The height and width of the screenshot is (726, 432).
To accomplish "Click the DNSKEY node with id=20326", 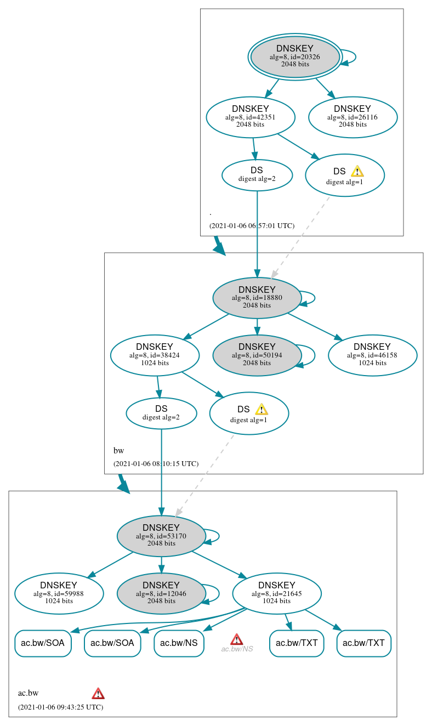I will point(295,56).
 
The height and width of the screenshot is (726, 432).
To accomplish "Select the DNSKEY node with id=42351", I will point(251,117).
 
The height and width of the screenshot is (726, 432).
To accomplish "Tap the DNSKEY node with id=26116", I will point(353,117).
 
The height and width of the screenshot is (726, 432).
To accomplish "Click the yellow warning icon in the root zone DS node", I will point(357,171).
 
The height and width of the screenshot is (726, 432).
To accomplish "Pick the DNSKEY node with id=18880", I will point(257,298).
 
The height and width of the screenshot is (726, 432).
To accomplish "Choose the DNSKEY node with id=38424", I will point(155,355).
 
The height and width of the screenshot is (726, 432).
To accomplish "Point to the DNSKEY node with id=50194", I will point(257,355).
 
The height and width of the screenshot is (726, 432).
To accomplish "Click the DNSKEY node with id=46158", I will point(372,355).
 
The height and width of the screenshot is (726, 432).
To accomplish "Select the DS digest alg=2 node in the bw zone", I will point(161,413).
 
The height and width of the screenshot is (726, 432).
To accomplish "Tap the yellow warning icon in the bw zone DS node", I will point(261,409).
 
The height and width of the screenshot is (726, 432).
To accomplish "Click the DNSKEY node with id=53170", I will point(161,536).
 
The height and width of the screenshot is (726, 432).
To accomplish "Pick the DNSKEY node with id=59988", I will point(59,593).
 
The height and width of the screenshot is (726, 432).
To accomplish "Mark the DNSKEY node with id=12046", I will point(161,593).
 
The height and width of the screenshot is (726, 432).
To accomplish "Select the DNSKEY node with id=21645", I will point(277,593).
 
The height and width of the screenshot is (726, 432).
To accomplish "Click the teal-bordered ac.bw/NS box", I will point(179,643).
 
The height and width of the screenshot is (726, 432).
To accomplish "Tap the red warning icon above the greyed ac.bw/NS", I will point(237,639).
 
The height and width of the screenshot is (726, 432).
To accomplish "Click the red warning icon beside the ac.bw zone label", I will point(98,693).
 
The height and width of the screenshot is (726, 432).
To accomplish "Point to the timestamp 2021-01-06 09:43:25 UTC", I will point(60,707).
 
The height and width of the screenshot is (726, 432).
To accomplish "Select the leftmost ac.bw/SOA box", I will point(43,643).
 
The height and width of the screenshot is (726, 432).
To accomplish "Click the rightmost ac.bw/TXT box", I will point(363,643).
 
